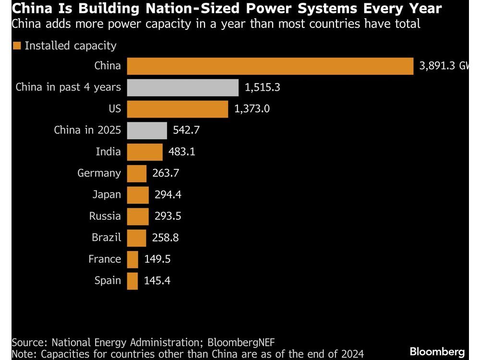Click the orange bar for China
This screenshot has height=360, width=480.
coord(270,66)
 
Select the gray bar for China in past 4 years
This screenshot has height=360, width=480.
coord(182,88)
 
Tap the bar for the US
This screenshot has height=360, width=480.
coord(177,109)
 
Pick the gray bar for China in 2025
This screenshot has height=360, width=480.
coord(147,131)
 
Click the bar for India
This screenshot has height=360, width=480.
coord(144,152)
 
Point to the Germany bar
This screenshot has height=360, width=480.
coord(136,173)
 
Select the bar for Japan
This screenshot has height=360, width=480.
coord(138,195)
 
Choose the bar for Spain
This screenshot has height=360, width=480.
coord(132,281)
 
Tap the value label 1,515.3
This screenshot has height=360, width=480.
coord(263,88)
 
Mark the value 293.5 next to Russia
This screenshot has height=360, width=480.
coord(168,216)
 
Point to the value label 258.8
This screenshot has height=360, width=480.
coord(167,238)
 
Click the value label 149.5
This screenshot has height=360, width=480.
coord(157,259)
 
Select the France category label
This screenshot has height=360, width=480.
coord(105,259)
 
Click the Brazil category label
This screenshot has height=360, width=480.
coord(107,238)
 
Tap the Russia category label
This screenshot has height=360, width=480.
coord(105,216)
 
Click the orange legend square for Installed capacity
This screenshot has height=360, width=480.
coord(17,46)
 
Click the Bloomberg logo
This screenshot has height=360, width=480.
coord(437,352)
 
